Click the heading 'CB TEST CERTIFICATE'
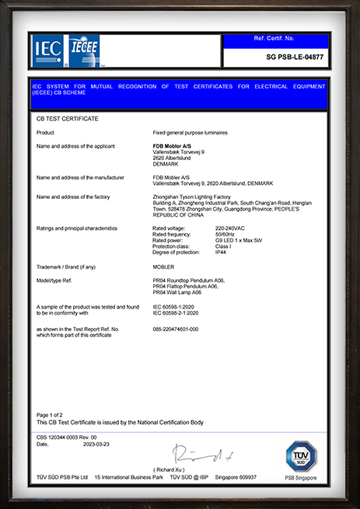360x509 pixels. [68, 119]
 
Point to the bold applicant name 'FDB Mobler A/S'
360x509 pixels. [173, 145]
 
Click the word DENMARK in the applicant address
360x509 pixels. [166, 164]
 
